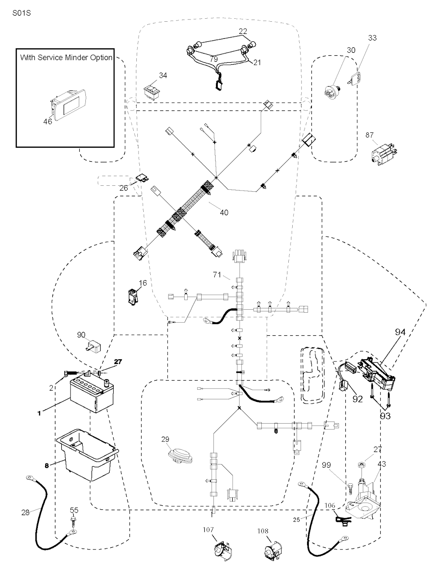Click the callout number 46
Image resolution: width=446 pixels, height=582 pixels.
pyautogui.click(x=47, y=121)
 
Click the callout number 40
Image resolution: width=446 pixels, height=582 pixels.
pyautogui.click(x=224, y=213)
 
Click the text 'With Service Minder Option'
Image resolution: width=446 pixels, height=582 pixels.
pyautogui.click(x=66, y=57)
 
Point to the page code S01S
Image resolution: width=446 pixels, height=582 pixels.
pyautogui.click(x=21, y=13)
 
